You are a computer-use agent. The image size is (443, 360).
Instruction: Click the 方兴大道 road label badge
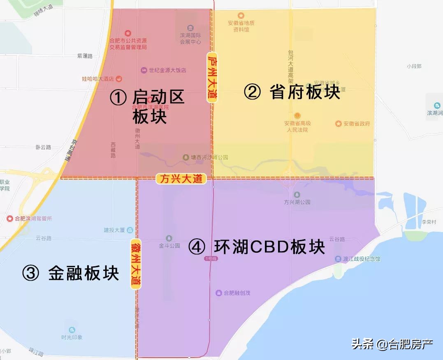pyautogui.click(x=181, y=179)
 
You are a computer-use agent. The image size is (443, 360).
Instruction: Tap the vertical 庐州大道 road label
pyautogui.click(x=212, y=77)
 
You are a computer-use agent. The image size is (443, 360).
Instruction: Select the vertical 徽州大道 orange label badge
pyautogui.click(x=136, y=264)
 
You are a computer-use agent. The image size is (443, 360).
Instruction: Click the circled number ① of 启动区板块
pyautogui.click(x=118, y=98)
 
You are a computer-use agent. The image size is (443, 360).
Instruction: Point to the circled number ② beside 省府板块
pyautogui.click(x=252, y=92)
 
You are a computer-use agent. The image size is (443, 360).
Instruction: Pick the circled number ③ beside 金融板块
pyautogui.click(x=31, y=273)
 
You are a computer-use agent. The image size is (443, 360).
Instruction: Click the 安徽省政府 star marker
pyautogui.click(x=339, y=124)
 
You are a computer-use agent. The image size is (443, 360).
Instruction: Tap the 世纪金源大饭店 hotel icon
pyautogui.click(x=144, y=70)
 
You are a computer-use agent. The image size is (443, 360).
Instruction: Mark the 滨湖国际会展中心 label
pyautogui.click(x=190, y=39)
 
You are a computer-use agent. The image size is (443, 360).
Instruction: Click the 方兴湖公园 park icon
pyautogui.click(x=297, y=194)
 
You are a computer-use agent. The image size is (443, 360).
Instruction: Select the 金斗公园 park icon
pyautogui.click(x=169, y=238)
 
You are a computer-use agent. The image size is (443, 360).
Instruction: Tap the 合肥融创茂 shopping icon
pyautogui.click(x=218, y=293)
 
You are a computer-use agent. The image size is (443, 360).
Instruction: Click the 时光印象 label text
pyautogui.click(x=72, y=337)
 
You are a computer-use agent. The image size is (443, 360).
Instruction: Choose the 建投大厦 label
pyautogui.click(x=114, y=230)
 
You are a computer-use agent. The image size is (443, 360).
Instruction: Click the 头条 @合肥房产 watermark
pyautogui.click(x=392, y=344)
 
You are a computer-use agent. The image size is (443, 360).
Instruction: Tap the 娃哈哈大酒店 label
pyautogui.click(x=97, y=78)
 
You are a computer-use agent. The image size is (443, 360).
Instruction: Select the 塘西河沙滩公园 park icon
pyautogui.click(x=186, y=157)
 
